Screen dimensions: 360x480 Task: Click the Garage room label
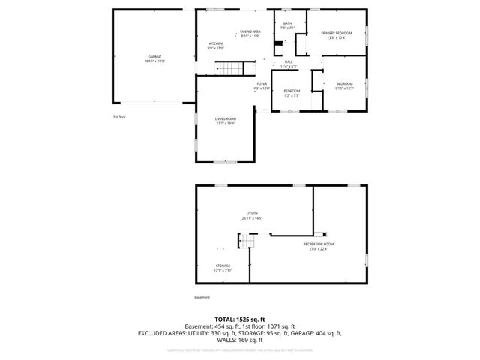(154, 59)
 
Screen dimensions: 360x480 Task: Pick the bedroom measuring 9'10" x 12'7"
(344, 85)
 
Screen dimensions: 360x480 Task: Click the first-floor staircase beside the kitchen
(230, 69)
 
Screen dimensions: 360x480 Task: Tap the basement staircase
(247, 242)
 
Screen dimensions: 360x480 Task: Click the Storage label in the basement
(223, 268)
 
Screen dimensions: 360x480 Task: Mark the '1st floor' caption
(118, 117)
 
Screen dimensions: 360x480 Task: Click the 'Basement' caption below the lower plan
(202, 298)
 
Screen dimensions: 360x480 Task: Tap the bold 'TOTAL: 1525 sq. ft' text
(239, 319)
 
